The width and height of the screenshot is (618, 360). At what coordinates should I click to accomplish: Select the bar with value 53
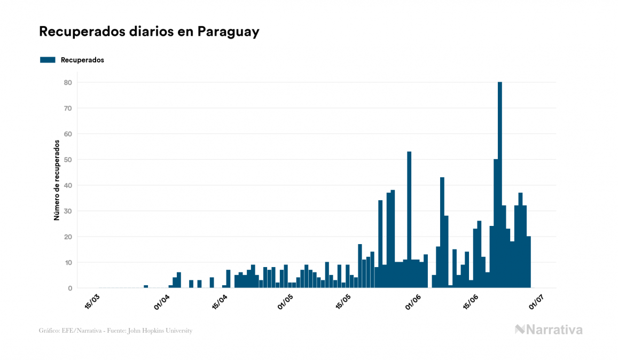pos(409,220)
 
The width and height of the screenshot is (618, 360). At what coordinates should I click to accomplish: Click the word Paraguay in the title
pos(228,32)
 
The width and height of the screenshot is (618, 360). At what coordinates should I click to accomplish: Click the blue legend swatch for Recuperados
pos(48,60)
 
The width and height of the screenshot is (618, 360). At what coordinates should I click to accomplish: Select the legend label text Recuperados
pos(82,60)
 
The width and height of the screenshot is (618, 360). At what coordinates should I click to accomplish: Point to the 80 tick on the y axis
pos(68,82)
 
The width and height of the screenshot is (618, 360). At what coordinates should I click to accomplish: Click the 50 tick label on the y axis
pos(68,160)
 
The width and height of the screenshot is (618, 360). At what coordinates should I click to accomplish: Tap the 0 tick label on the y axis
pos(70,288)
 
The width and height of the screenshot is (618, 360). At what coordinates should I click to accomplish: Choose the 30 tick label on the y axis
pos(68,211)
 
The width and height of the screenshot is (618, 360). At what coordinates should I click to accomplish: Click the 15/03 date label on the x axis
pos(92,301)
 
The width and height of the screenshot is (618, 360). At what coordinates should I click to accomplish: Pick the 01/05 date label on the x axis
pos(286,301)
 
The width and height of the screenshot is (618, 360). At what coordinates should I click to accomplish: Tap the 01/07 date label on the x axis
pos(536,301)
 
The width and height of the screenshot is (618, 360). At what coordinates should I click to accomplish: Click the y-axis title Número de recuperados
pos(56,181)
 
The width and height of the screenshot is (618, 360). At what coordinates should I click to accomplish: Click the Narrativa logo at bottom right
pos(549,330)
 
